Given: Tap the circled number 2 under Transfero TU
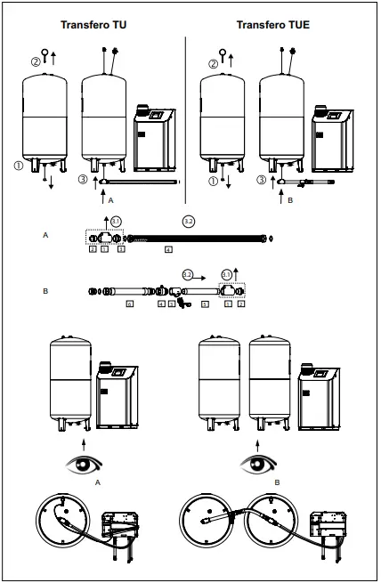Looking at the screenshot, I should (x=36, y=62).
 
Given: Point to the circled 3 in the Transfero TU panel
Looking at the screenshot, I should (x=83, y=181).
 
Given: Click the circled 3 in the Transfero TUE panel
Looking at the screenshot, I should (x=261, y=181).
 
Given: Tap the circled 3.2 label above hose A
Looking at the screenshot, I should (x=188, y=220).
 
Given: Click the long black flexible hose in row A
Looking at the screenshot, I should (x=197, y=238).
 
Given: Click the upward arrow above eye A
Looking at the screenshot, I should (x=84, y=440).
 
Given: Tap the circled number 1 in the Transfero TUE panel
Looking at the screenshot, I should (x=211, y=181).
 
